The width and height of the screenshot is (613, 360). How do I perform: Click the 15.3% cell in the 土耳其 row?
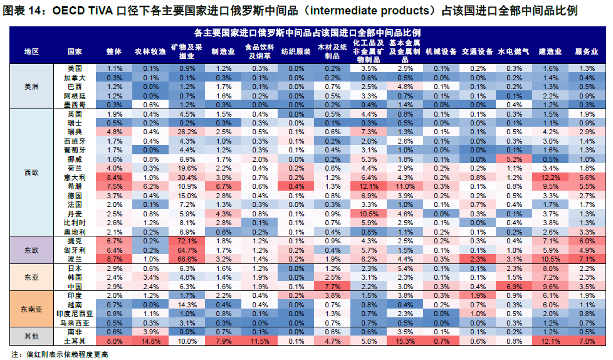405,341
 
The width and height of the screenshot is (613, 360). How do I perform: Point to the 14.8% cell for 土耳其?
150,341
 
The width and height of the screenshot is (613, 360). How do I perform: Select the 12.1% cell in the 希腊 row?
369,186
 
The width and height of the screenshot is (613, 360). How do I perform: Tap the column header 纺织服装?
296,51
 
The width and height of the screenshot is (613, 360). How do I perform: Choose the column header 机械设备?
441,51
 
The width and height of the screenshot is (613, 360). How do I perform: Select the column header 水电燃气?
513,51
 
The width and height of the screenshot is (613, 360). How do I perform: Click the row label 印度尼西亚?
75,313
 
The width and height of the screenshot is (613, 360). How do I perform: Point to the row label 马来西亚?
75,322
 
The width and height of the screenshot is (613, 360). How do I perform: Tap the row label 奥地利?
75,231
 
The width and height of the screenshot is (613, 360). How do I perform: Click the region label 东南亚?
30,309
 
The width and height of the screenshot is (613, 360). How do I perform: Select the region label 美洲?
30,87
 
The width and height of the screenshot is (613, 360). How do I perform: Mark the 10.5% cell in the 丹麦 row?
369,213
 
